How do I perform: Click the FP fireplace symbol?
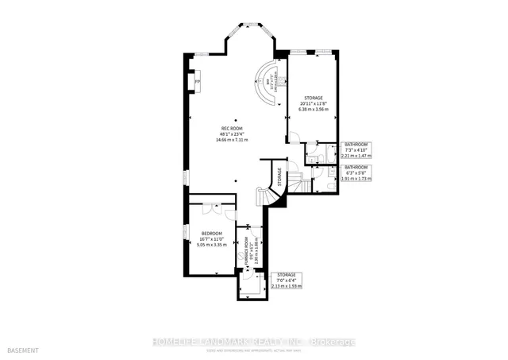(198, 81)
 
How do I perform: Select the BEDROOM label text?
(211, 233)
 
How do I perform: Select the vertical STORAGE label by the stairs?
(279, 176)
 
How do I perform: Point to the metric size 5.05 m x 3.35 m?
(211, 245)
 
